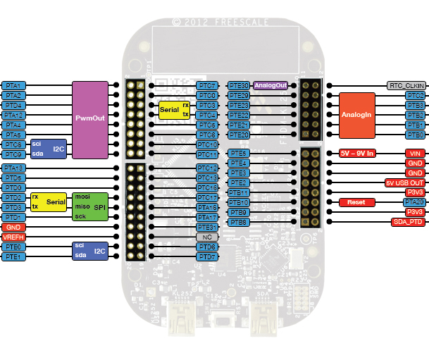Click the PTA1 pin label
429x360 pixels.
(x=14, y=85)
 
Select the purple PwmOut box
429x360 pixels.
(x=90, y=119)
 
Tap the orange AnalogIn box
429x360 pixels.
(x=356, y=114)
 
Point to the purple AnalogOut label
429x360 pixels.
(x=271, y=85)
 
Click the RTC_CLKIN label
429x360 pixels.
(x=406, y=85)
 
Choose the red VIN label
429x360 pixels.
(x=414, y=153)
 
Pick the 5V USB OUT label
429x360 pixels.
(x=404, y=182)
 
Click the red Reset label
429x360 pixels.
(x=356, y=202)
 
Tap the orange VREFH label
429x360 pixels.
(x=14, y=237)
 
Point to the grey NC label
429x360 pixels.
(x=206, y=237)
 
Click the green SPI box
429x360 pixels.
(x=90, y=206)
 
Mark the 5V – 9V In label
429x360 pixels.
(x=358, y=153)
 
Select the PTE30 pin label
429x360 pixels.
(x=240, y=85)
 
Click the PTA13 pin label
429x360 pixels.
(x=14, y=168)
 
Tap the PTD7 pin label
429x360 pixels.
(x=206, y=257)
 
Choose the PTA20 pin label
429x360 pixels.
(x=414, y=202)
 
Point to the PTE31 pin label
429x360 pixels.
(x=206, y=228)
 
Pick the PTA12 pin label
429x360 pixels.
(x=14, y=114)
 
